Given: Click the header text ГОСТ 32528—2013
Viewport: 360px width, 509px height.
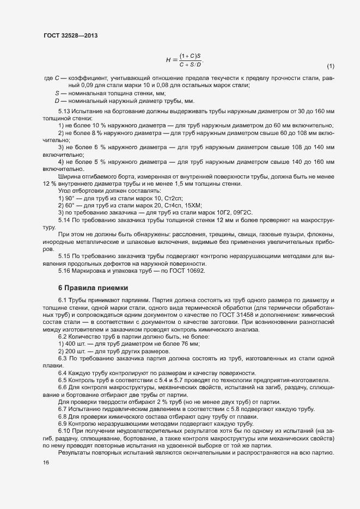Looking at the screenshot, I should [70, 36].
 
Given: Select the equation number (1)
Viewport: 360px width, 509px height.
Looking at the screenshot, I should [330, 66].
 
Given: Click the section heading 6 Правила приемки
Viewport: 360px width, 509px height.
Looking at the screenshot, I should [93, 288].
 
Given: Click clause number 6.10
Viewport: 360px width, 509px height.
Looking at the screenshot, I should [65, 431].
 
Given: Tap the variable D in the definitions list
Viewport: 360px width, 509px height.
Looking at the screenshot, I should [57, 101].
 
